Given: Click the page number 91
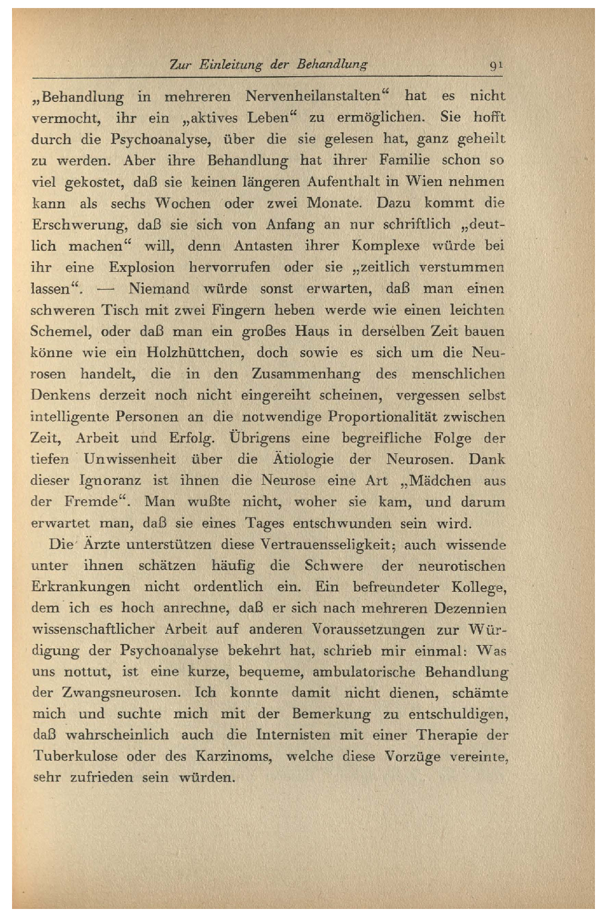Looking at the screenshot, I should pos(496,65).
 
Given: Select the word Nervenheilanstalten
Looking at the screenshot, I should pos(313,96).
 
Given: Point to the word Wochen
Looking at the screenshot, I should pos(183,203).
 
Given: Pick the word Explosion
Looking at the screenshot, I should pos(141,267).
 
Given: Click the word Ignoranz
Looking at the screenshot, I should pos(110,480).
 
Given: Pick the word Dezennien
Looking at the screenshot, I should pos(470,608).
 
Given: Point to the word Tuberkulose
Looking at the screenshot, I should pos(75,756).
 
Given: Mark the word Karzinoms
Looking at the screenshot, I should pos(234,756).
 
